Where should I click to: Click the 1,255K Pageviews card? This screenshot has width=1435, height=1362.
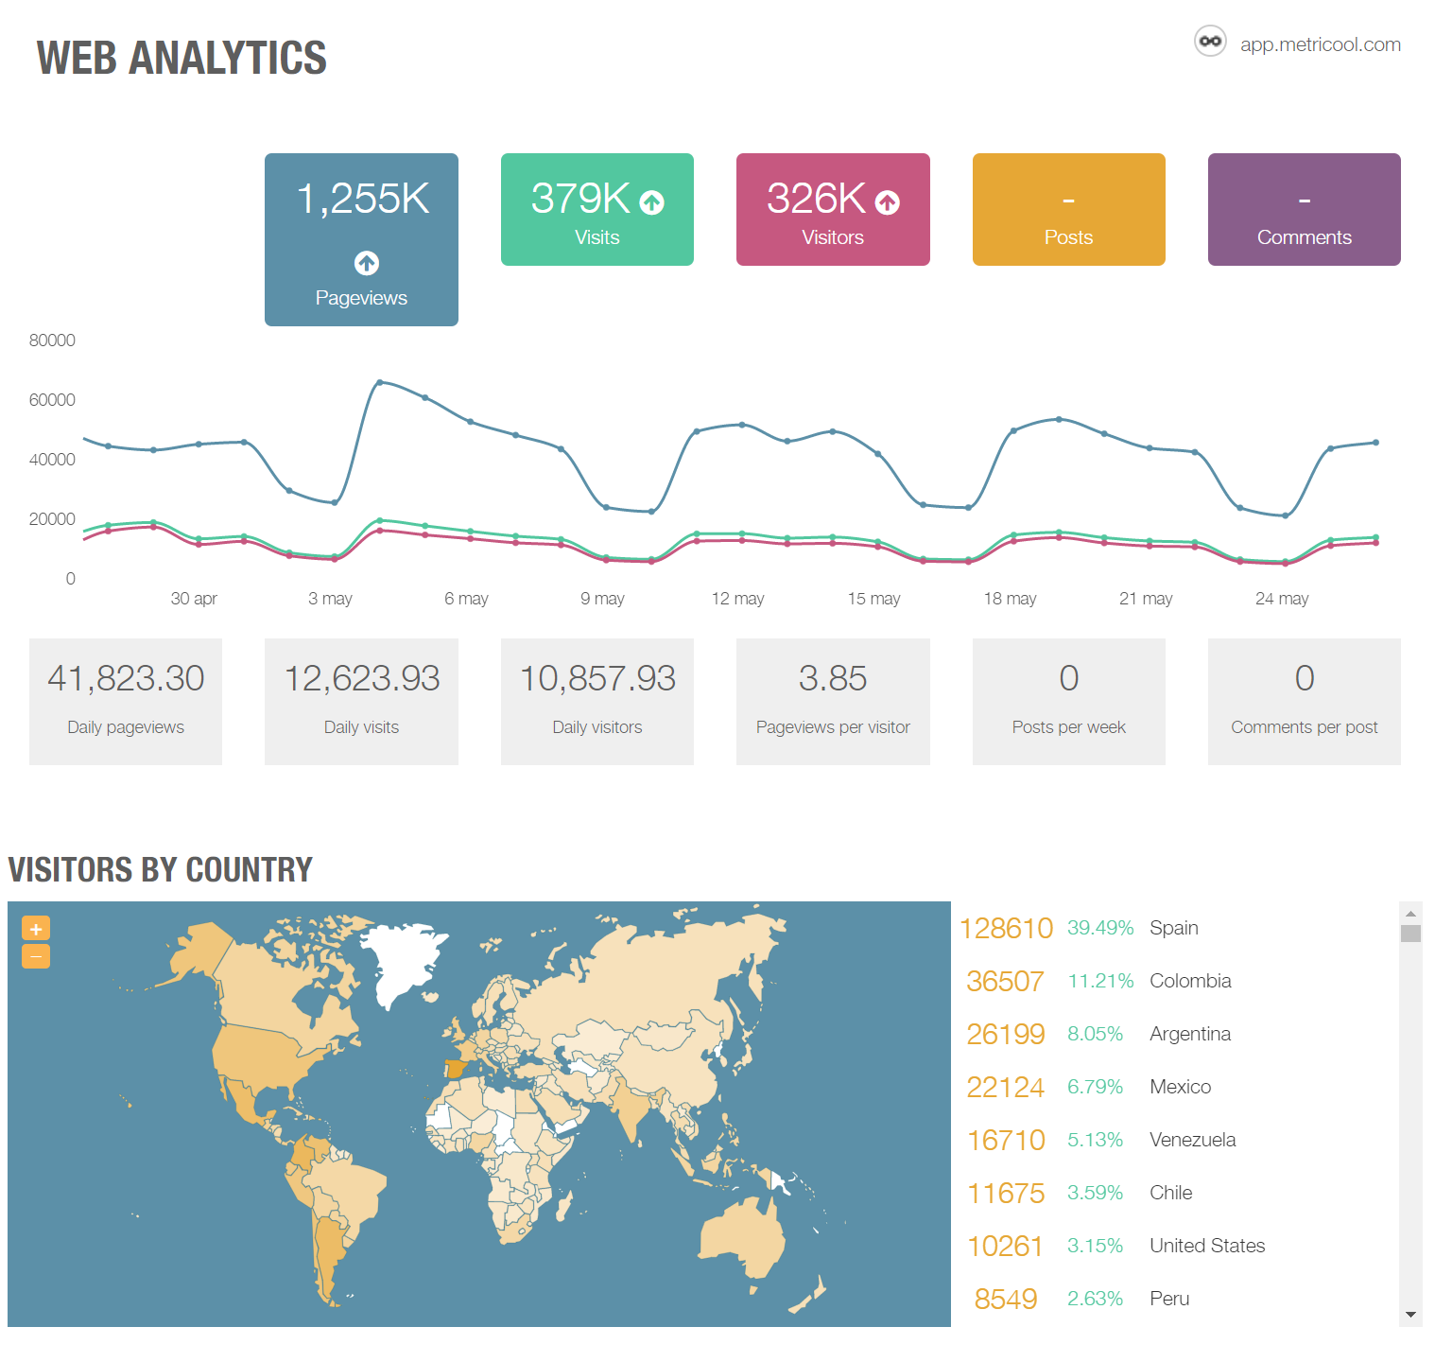361,239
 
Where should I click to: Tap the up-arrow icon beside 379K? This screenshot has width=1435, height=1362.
651,202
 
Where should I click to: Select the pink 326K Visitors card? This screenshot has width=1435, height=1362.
832,210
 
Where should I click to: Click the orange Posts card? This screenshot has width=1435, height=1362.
1068,210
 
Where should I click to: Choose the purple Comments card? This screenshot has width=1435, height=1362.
1304,210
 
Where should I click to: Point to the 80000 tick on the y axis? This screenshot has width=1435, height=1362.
52,340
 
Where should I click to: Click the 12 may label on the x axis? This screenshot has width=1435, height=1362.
737,599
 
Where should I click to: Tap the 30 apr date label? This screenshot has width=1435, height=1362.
194,599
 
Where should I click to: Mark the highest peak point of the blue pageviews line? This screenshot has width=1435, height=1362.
380,382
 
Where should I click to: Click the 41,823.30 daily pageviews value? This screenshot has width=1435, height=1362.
126,678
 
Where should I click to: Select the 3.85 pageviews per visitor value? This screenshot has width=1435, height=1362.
832,678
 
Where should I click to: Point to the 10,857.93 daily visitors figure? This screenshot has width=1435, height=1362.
597,678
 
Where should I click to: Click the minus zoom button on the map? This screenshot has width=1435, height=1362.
36,956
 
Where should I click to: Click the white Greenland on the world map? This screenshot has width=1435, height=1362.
402,955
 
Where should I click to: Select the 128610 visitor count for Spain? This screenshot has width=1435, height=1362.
1006,928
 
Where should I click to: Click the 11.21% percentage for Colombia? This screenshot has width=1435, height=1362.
1099,981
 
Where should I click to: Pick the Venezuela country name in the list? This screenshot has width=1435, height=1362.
1192,1140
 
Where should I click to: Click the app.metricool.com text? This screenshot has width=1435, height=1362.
1320,44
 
